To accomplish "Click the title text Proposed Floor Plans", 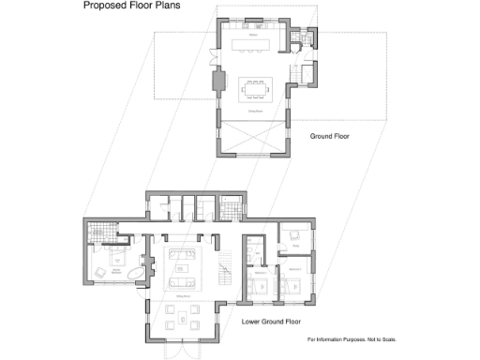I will coord(132,7).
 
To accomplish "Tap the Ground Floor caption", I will coord(329,136).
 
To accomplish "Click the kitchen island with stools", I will coord(250,45).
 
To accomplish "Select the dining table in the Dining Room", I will coord(256,87).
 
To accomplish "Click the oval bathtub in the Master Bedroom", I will coord(137,275).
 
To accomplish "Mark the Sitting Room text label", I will coord(184,295).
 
